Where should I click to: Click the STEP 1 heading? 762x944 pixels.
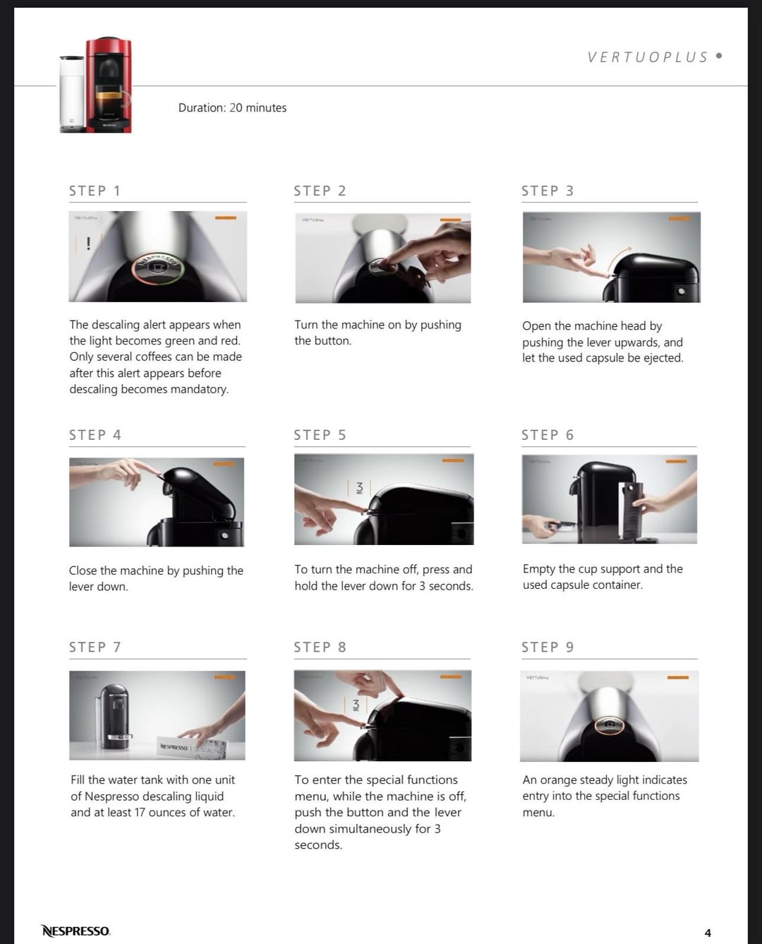pyautogui.click(x=95, y=191)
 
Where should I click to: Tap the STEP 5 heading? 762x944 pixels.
pyautogui.click(x=320, y=435)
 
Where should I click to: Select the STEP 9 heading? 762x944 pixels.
pyautogui.click(x=548, y=647)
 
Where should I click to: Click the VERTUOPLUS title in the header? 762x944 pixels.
pyautogui.click(x=648, y=56)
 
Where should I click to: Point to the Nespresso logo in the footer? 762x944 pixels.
pyautogui.click(x=75, y=931)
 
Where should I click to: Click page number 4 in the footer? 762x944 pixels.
pyautogui.click(x=708, y=933)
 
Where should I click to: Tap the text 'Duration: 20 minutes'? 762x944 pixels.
pyautogui.click(x=232, y=108)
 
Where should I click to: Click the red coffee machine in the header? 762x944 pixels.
pyautogui.click(x=109, y=85)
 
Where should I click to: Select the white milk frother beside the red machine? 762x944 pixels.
pyautogui.click(x=73, y=94)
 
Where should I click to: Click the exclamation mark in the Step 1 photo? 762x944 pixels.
pyautogui.click(x=89, y=244)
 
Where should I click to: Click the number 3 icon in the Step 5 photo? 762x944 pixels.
pyautogui.click(x=360, y=488)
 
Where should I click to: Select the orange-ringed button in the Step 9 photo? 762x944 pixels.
pyautogui.click(x=610, y=725)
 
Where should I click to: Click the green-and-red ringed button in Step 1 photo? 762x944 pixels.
pyautogui.click(x=157, y=268)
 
